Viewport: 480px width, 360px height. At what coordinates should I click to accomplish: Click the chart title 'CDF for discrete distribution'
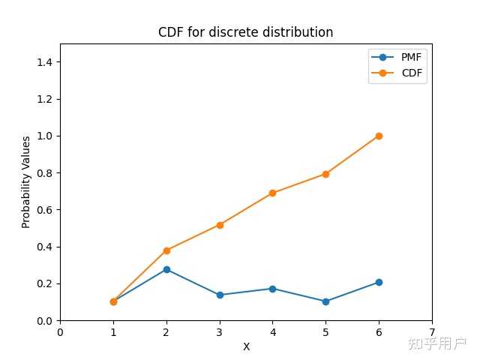pos(245,32)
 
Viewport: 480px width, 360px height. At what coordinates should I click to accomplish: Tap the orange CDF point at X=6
pos(379,136)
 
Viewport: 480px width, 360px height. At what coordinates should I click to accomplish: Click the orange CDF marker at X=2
pos(166,250)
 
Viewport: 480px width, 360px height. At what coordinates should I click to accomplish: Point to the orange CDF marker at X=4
pos(272,193)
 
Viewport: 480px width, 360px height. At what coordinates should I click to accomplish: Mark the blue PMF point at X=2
pos(166,269)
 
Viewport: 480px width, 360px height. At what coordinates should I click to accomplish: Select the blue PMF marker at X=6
pos(379,282)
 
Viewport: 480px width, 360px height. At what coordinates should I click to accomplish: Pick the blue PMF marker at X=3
pos(220,295)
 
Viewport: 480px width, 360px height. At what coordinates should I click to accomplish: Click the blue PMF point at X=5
pos(325,301)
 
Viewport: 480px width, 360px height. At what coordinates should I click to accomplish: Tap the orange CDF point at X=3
pos(220,225)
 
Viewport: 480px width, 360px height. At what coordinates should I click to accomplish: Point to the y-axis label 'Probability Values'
pos(25,182)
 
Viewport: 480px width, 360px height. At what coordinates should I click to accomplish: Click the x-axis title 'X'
pos(246,347)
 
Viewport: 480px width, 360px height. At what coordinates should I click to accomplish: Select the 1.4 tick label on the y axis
pos(46,62)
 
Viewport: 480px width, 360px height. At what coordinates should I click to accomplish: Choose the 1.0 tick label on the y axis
pos(46,136)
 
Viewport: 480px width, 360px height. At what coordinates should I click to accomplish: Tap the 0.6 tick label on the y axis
pos(46,210)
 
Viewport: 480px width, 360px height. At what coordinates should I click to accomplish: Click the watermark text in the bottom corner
pos(436,343)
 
